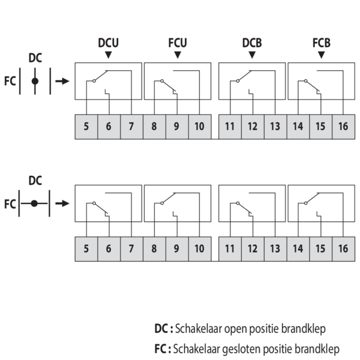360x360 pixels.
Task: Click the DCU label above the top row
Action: pos(108,43)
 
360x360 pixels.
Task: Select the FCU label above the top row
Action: pos(178,43)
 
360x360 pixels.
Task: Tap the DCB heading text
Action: pos(251,43)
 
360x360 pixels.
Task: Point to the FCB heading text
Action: pos(322,43)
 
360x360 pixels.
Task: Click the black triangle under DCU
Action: pos(108,55)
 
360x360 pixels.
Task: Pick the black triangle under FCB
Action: pos(322,55)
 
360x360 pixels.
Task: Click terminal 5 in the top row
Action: pos(86,127)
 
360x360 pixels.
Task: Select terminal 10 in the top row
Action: pos(199,127)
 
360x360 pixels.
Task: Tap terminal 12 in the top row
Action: pos(253,127)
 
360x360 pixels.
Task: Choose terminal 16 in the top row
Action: pos(343,127)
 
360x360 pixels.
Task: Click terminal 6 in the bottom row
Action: pos(109,248)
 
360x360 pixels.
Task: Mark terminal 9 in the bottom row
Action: pos(177,248)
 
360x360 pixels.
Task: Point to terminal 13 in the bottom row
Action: pos(275,248)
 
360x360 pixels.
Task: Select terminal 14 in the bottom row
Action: pos(298,248)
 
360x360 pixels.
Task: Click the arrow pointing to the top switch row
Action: pos(62,80)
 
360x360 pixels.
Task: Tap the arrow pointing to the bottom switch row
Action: pos(62,203)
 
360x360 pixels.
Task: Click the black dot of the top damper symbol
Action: pos(35,80)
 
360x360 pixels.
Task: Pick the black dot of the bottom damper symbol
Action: pos(35,203)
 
